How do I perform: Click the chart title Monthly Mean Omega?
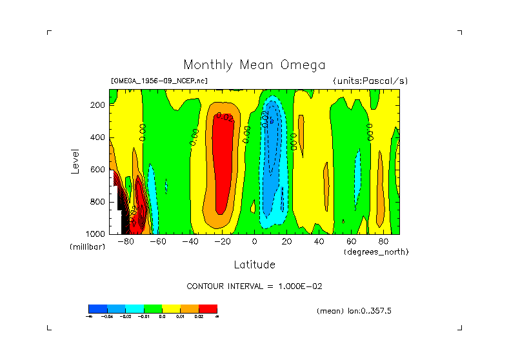coord(254,65)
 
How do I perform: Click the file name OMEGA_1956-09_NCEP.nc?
coord(159,81)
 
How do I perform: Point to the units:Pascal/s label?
coord(370,81)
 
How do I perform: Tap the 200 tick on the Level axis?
coord(98,105)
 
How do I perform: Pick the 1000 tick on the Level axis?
coord(96,234)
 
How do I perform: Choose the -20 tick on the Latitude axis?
coord(222,242)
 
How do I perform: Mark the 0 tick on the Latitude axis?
coord(255,242)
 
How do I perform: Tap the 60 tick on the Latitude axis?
coord(351,242)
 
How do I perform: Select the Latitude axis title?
coord(254,265)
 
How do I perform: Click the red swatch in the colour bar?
coord(208,308)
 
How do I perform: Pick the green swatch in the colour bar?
coord(152,308)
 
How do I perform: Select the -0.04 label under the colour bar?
coord(106,316)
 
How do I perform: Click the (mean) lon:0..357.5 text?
coord(354,311)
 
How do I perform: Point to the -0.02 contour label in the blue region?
coord(264,119)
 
